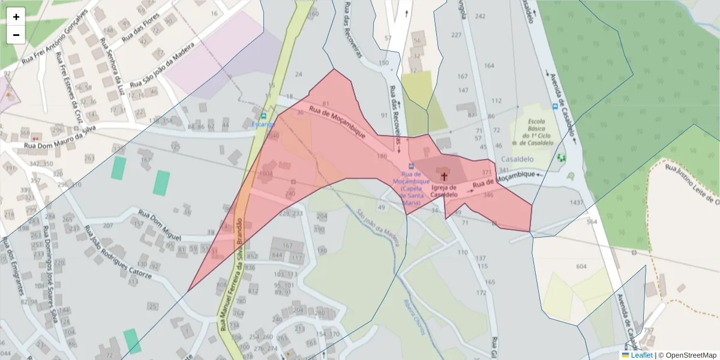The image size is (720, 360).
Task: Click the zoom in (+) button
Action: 16,17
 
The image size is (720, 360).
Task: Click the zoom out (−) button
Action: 16,35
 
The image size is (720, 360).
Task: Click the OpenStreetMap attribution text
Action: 687,355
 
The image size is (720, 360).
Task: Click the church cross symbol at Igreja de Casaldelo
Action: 444,176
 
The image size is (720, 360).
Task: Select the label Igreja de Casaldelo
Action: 444,191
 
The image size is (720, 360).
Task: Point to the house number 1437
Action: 577,203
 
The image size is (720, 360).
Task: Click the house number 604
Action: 581,266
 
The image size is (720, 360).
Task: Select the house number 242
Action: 480,16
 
